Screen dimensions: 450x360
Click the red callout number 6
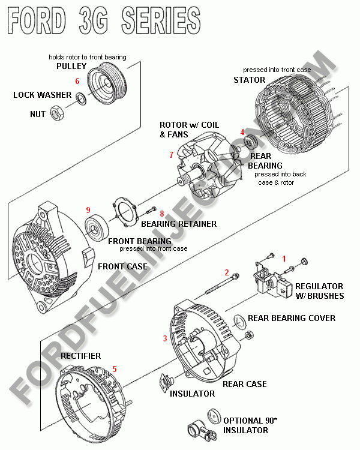(77, 80)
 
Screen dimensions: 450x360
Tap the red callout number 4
(242, 132)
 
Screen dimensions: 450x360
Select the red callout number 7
(172, 155)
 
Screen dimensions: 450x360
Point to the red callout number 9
(88, 210)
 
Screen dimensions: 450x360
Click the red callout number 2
(227, 272)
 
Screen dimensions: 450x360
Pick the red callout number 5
(115, 368)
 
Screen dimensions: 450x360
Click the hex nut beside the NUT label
(56, 112)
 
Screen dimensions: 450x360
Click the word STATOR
(249, 80)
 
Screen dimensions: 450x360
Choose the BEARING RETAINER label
(179, 224)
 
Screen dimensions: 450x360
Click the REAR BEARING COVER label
(292, 318)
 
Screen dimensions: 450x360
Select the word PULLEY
(71, 66)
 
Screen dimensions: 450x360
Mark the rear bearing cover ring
(237, 319)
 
